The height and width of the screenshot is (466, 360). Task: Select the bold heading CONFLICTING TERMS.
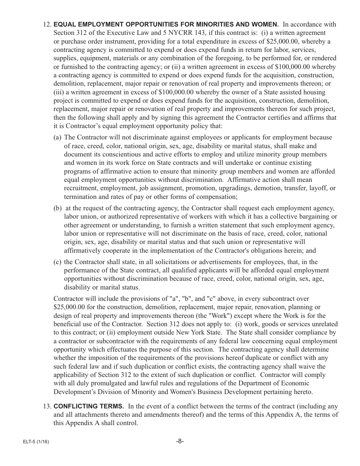pyautogui.click(x=89, y=407)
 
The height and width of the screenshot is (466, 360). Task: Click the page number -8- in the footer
pyautogui.click(x=180, y=441)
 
